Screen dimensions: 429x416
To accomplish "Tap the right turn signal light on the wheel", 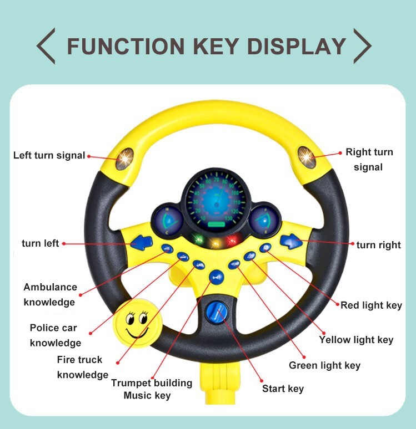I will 306,156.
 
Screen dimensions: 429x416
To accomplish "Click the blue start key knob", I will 216,314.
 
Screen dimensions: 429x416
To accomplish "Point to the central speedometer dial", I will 215,199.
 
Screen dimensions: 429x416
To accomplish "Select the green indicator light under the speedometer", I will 197,241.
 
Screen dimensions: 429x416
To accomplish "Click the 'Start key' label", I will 283,389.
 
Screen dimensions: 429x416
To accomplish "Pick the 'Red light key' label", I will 371,305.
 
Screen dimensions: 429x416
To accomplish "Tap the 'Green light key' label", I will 324,365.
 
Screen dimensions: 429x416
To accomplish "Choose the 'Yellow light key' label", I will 356,340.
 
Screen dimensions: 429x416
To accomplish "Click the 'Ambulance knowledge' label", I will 49,294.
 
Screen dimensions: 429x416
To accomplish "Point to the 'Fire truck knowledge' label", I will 82,367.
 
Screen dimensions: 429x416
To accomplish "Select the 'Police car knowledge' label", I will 55,335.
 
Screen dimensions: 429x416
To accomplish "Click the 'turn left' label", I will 40,243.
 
